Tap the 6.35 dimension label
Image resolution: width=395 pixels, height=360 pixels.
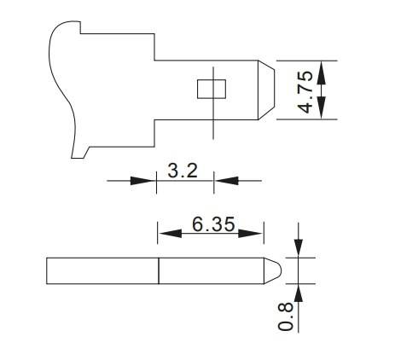(x=212, y=225)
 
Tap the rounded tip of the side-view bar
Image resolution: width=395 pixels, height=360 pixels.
(x=276, y=270)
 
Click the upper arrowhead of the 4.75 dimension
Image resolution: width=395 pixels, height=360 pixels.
(x=322, y=69)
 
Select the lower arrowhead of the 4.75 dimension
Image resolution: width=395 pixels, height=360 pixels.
(x=322, y=110)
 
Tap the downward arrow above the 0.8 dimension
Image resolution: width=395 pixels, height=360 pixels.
(x=299, y=247)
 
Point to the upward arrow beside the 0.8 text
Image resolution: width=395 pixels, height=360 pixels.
(x=299, y=295)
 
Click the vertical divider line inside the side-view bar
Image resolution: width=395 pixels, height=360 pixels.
(x=159, y=270)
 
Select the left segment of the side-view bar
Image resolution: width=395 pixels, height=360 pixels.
(x=102, y=270)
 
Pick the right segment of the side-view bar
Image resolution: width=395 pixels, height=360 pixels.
(x=213, y=270)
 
